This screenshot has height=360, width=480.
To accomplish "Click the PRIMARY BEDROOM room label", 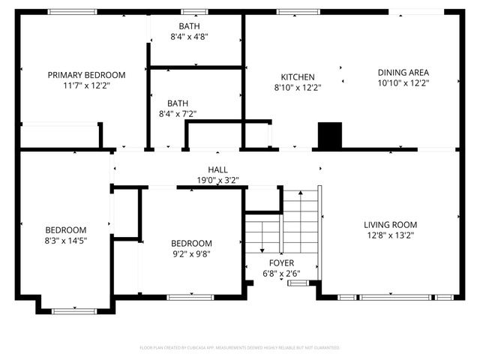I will pyautogui.click(x=86, y=75).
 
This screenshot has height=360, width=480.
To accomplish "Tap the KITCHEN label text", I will pyautogui.click(x=297, y=77).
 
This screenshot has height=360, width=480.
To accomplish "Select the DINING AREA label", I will pyautogui.click(x=403, y=73).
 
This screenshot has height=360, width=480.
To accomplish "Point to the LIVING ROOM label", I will pyautogui.click(x=390, y=225).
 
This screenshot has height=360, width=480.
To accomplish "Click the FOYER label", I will pyautogui.click(x=282, y=263).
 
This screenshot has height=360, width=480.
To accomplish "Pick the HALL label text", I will pyautogui.click(x=217, y=170).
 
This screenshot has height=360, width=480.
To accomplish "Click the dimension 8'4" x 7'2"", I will pyautogui.click(x=178, y=114).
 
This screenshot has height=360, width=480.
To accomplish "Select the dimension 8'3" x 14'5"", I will pyautogui.click(x=65, y=241).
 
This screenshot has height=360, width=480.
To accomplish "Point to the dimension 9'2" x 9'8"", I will pyautogui.click(x=191, y=254).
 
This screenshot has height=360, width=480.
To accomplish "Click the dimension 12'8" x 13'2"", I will pyautogui.click(x=390, y=235).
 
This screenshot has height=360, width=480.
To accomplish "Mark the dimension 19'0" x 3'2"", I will pyautogui.click(x=217, y=181).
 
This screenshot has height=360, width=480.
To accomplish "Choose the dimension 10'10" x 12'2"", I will pyautogui.click(x=403, y=84).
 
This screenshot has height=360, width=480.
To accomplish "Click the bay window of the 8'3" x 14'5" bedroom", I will pyautogui.click(x=74, y=309).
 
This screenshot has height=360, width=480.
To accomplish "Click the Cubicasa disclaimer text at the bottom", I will pyautogui.click(x=240, y=348).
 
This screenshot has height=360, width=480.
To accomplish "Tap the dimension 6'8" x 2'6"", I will pyautogui.click(x=282, y=274).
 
